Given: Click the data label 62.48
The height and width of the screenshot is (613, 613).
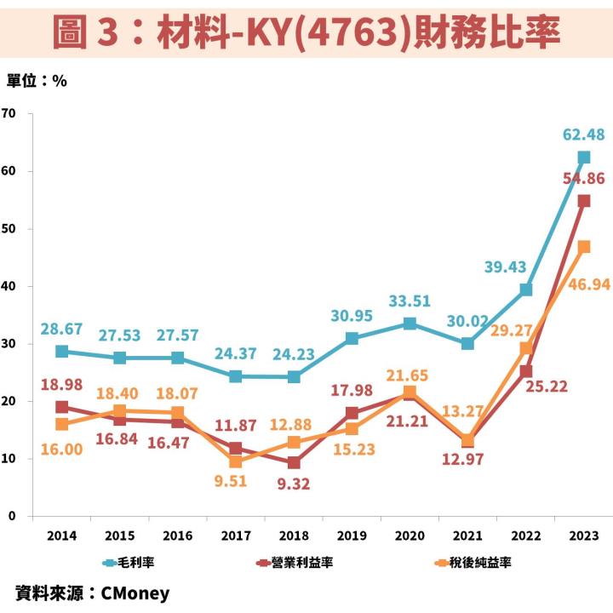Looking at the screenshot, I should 583,135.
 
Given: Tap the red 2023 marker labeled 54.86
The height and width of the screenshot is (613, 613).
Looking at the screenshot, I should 584,201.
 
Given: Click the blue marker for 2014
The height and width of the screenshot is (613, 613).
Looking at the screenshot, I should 61,352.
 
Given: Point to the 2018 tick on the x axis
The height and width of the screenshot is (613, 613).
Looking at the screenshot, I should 294,535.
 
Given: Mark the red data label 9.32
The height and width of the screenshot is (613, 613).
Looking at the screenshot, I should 295,484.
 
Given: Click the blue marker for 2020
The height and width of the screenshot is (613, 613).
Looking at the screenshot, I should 410,324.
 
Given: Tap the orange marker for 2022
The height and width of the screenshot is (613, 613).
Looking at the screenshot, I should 526,348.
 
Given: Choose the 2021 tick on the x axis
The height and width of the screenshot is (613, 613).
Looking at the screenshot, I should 468,535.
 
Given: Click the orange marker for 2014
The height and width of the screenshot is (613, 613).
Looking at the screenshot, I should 61,424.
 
